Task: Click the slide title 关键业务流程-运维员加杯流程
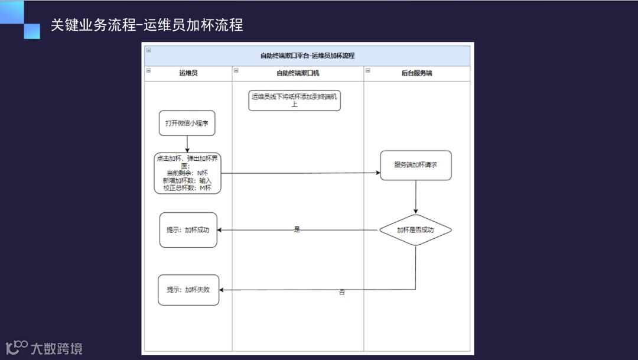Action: tap(147, 25)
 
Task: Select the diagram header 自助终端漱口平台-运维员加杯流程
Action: tap(307, 56)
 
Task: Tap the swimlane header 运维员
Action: tap(188, 73)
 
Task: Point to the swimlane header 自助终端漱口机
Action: tap(298, 73)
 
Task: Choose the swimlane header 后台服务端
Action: tap(416, 73)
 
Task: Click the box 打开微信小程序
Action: tap(187, 124)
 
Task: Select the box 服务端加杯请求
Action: tap(416, 165)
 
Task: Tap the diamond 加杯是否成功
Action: tap(415, 230)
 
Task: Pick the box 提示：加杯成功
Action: tap(188, 230)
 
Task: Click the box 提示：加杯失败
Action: tap(188, 290)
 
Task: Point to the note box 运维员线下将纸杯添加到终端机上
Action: tap(294, 100)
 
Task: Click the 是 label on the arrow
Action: tap(297, 229)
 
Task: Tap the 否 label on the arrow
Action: tap(342, 292)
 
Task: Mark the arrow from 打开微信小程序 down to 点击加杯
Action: tap(187, 144)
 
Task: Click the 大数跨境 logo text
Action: tap(56, 348)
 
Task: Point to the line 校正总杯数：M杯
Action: tap(187, 188)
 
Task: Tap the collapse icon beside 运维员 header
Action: tap(148, 70)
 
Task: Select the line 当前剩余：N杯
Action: tap(187, 173)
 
